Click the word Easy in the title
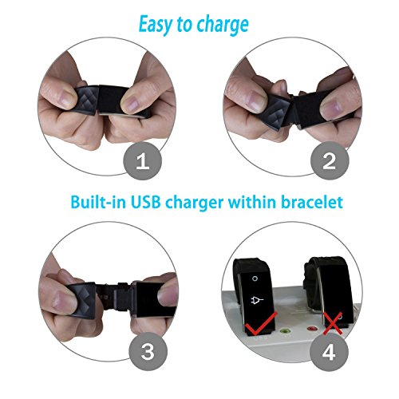point(156,25)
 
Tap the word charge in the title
point(223,26)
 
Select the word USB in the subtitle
point(146,202)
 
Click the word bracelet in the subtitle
point(312,202)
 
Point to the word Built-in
point(98,202)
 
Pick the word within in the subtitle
point(252,202)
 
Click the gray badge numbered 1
point(143,161)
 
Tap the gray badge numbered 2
point(330,161)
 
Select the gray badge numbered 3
point(148,351)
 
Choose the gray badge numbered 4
point(329,353)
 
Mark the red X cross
point(333,323)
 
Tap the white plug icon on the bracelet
point(257,300)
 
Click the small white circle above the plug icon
point(255,279)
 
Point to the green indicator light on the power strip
point(285,331)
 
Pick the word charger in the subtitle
point(195,203)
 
